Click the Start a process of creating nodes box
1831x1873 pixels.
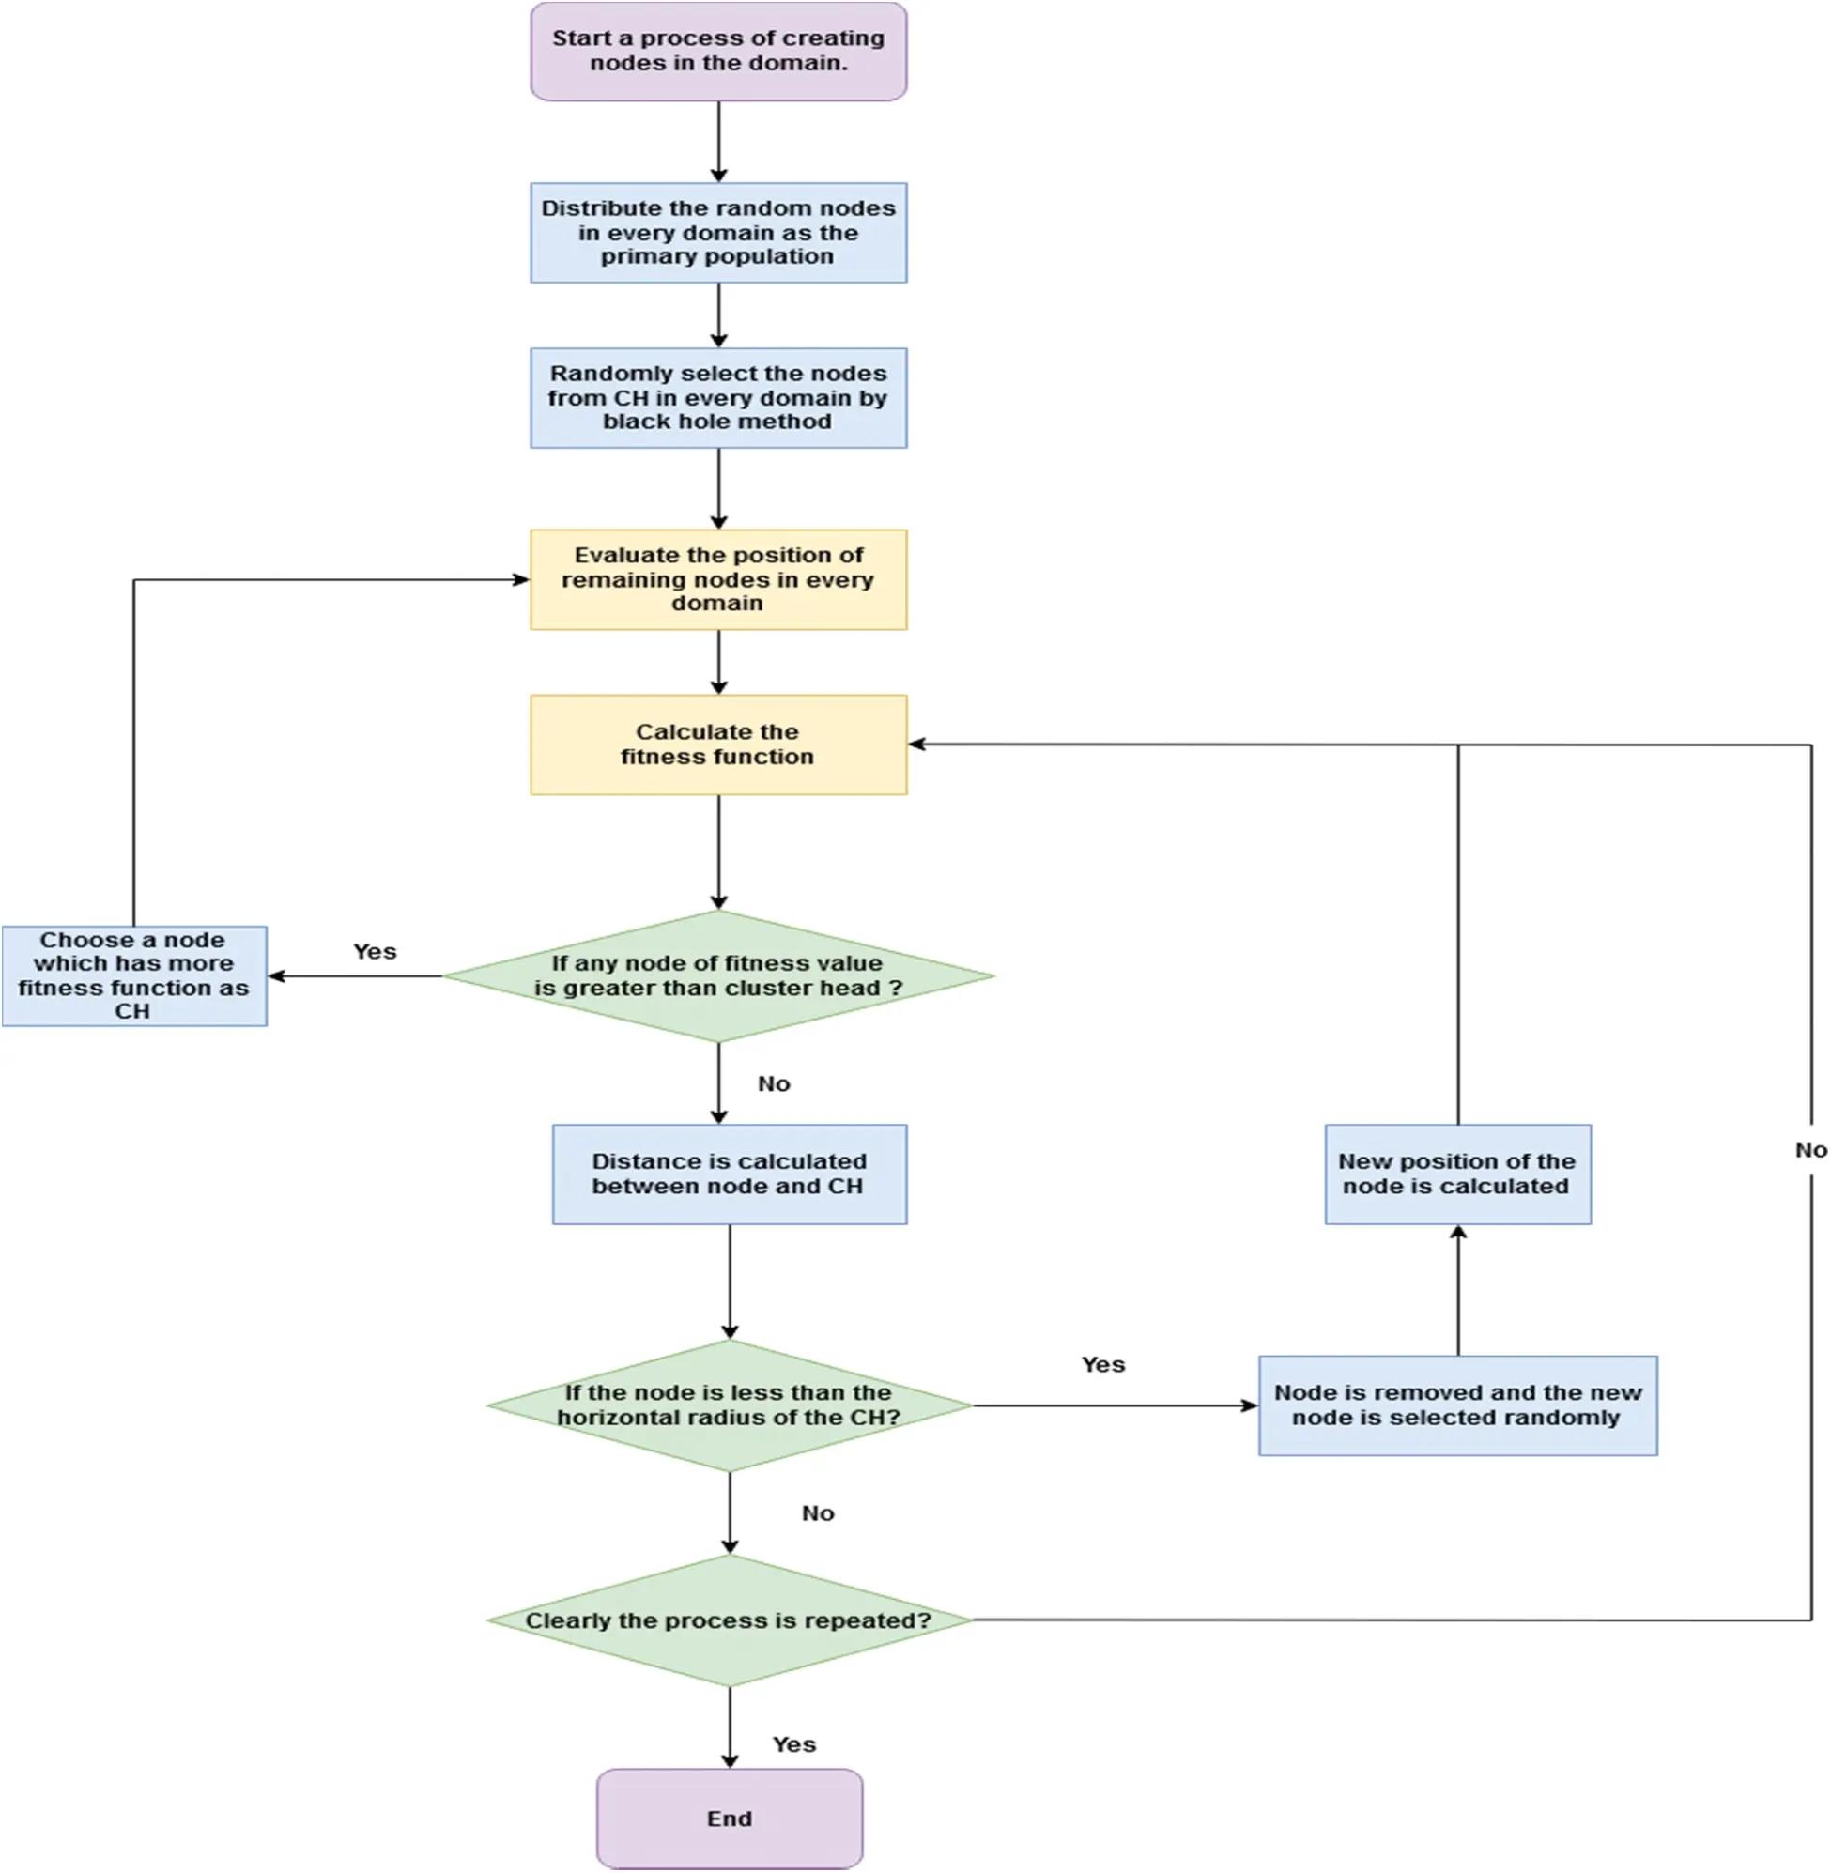(x=718, y=51)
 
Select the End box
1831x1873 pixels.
(x=729, y=1818)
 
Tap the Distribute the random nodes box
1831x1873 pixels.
(x=718, y=232)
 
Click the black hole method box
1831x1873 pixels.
(x=718, y=397)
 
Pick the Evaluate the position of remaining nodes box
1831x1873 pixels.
(x=718, y=579)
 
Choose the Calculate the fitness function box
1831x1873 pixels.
(x=718, y=745)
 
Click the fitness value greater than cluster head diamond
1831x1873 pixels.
(x=718, y=975)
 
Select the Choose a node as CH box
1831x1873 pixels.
(x=133, y=975)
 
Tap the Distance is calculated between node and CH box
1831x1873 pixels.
(x=729, y=1173)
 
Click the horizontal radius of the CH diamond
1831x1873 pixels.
(x=729, y=1405)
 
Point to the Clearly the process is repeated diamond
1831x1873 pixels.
(x=729, y=1620)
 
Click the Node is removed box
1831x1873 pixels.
(x=1457, y=1405)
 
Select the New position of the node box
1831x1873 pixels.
(x=1457, y=1173)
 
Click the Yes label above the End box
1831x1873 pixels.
(x=794, y=1744)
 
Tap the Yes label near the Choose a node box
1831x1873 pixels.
(x=374, y=951)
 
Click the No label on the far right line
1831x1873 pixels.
(x=1810, y=1149)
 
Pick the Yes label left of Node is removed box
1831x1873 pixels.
(x=1102, y=1364)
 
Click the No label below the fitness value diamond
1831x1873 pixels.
(x=773, y=1083)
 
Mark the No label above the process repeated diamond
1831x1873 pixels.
(x=818, y=1513)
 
